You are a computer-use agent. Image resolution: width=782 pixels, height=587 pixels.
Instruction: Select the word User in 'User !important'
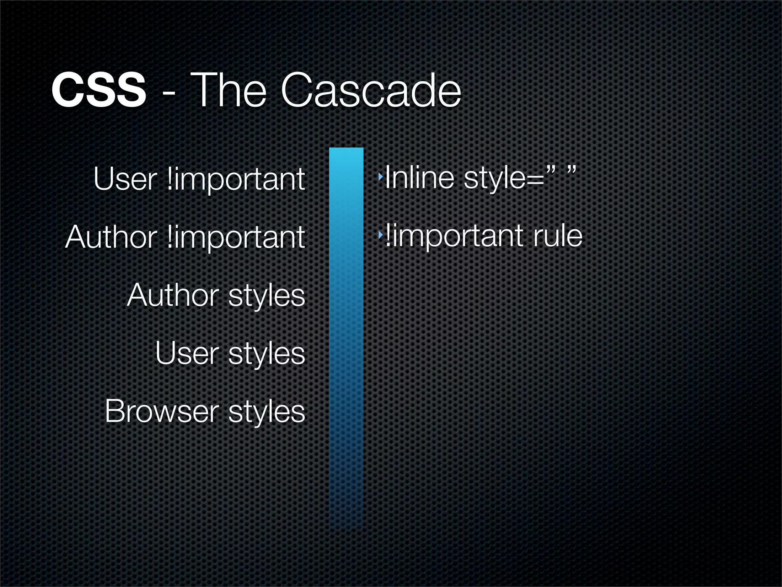(x=125, y=179)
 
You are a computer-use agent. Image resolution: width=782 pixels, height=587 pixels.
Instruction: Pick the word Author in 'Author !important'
(x=111, y=237)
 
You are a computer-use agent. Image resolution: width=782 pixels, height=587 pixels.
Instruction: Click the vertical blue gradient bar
(x=346, y=336)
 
